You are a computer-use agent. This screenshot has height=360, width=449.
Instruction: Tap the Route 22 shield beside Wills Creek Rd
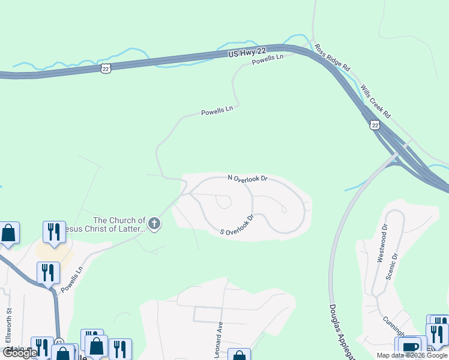click(375, 125)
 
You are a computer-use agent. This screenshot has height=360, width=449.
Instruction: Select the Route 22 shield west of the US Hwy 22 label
click(106, 69)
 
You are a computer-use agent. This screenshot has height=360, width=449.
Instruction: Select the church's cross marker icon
click(154, 224)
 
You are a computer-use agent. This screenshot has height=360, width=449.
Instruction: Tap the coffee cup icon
click(411, 347)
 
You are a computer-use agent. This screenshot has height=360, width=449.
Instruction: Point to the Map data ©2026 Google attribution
click(412, 355)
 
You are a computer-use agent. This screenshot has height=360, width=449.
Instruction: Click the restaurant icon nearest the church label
click(54, 232)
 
